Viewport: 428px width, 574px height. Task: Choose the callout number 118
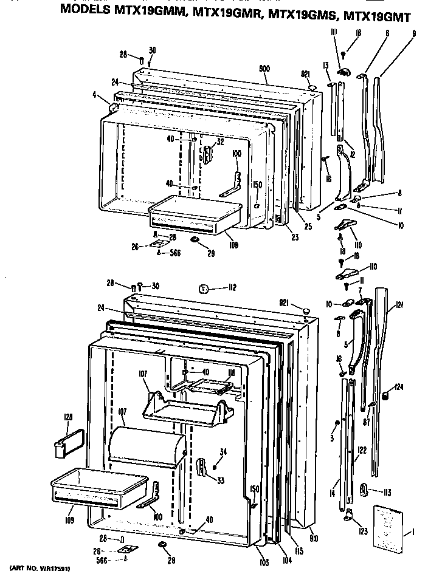tap(231, 374)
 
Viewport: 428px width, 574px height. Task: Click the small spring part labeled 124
tap(384, 397)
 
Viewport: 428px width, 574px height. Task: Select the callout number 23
tap(294, 237)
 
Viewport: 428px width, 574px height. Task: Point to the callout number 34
tap(223, 452)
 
